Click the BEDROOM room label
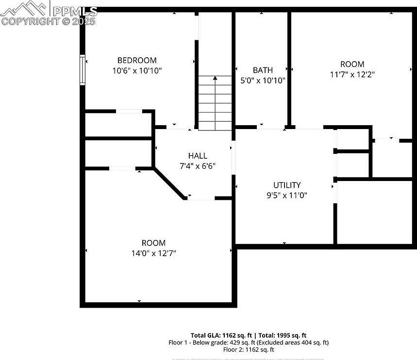(x=137, y=61)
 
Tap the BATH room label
(x=263, y=70)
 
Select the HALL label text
(x=198, y=156)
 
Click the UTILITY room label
(x=286, y=185)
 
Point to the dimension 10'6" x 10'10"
(x=137, y=71)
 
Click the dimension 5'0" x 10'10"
(x=263, y=81)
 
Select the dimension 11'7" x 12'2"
(x=352, y=74)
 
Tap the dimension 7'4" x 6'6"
(x=198, y=166)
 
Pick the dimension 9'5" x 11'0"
(x=286, y=195)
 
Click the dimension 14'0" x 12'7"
(x=153, y=253)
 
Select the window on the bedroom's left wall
(x=83, y=70)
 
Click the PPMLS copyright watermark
(x=49, y=15)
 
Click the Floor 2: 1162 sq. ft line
(x=249, y=349)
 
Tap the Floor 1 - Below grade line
(x=249, y=342)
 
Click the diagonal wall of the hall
(x=169, y=183)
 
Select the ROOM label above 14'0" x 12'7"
(x=153, y=243)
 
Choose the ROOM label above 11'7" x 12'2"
(x=352, y=64)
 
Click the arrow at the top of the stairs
(x=215, y=78)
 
